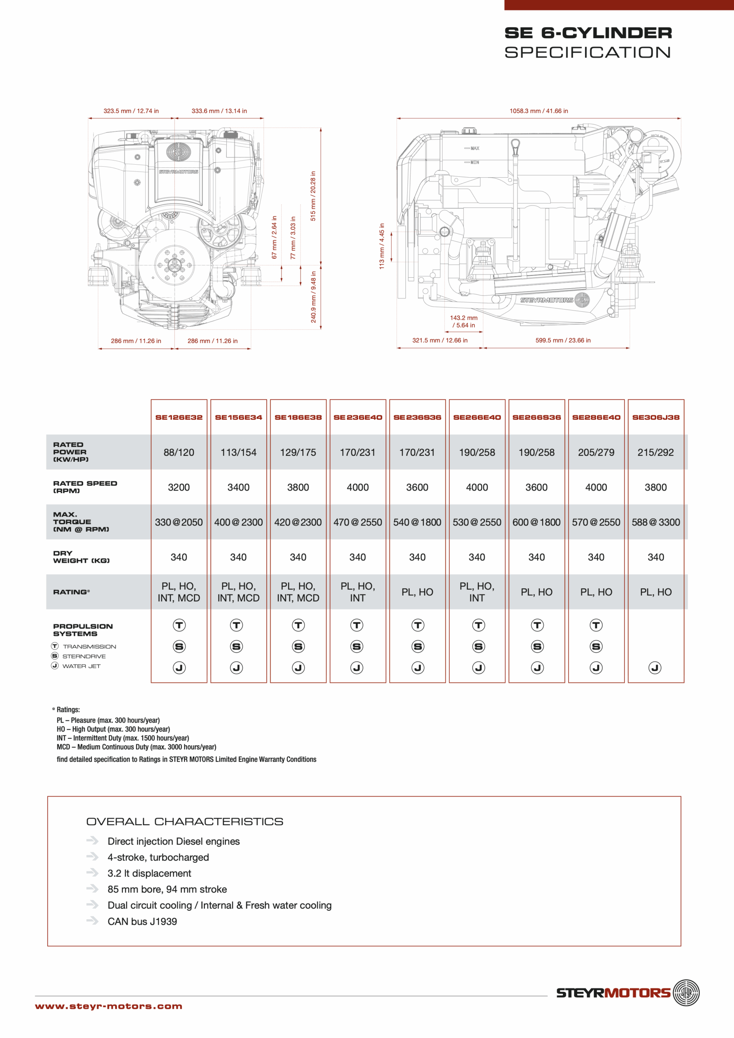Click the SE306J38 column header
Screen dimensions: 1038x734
point(656,417)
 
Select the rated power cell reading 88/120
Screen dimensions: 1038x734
point(179,452)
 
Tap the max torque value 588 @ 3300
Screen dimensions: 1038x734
point(656,522)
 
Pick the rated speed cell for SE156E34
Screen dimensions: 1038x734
point(238,487)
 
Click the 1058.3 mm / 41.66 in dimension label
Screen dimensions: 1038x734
point(539,111)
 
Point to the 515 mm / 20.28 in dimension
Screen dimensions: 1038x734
point(313,196)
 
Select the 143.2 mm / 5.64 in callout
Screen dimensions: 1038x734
point(464,322)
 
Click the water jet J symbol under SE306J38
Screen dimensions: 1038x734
point(655,668)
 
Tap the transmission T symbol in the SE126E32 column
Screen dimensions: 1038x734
point(179,625)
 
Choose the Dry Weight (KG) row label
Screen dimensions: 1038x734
point(82,557)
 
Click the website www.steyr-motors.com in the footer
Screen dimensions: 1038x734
point(109,1006)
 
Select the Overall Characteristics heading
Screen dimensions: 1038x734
point(185,821)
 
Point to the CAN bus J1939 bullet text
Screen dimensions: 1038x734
point(142,921)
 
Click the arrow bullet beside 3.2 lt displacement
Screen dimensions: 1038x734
point(92,873)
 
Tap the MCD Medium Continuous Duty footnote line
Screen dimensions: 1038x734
point(136,747)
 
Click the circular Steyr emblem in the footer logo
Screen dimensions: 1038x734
point(686,993)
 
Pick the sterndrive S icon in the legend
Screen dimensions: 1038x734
point(55,656)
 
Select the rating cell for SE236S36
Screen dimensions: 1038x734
point(417,592)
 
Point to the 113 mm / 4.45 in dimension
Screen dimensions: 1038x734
point(382,246)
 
